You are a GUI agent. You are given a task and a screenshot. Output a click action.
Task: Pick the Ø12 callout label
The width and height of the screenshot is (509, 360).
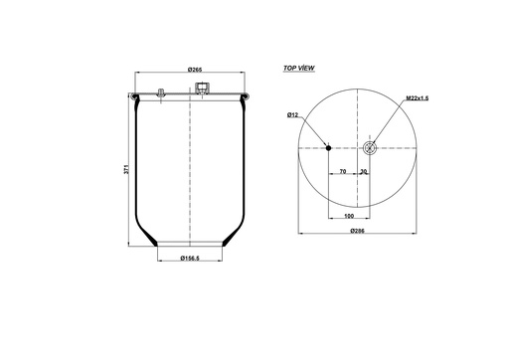coord(293,116)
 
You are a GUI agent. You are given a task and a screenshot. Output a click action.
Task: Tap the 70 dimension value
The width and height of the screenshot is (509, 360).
coord(342,171)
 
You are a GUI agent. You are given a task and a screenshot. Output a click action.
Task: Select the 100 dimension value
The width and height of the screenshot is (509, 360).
coord(349,215)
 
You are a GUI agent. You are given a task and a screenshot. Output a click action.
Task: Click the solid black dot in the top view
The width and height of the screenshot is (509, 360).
coord(329,149)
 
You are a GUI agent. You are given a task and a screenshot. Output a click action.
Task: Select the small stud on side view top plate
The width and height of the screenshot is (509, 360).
coord(159,94)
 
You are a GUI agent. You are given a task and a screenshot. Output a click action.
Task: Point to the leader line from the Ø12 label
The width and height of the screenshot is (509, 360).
coord(313,132)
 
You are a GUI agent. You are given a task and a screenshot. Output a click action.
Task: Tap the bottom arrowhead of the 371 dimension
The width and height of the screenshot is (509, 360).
coord(130,245)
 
